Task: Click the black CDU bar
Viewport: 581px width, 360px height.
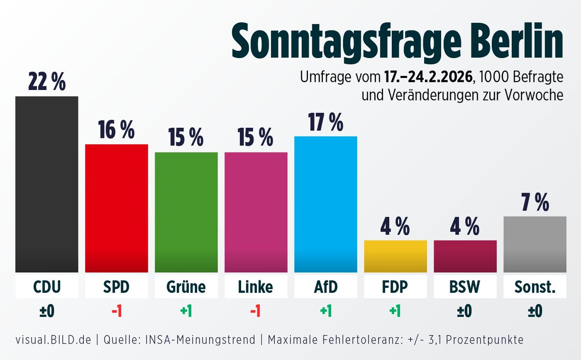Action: (47, 184)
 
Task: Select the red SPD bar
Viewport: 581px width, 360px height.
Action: (117, 208)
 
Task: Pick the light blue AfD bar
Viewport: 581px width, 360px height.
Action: (326, 204)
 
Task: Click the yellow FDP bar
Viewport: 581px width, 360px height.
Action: (396, 256)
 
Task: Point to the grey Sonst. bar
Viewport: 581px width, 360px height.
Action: (535, 244)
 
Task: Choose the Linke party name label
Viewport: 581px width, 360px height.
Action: (256, 287)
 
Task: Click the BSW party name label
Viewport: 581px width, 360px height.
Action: (465, 287)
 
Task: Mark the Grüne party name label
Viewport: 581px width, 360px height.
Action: (186, 287)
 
